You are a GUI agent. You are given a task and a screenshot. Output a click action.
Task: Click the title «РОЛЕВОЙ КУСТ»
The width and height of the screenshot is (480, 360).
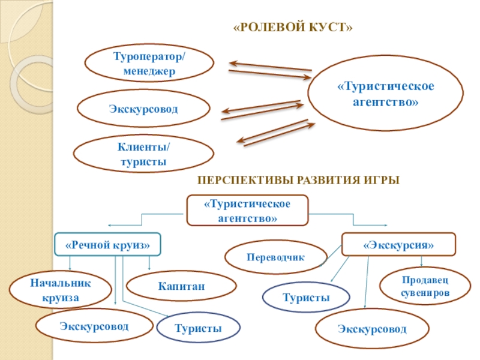[292, 29]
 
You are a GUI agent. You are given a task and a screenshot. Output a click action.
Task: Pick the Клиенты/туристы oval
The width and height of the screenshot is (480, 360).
[143, 154]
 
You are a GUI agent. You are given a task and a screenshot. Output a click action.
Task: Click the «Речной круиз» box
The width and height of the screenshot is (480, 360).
[107, 245]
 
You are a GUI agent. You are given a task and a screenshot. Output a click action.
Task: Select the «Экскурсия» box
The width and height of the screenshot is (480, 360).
[398, 245]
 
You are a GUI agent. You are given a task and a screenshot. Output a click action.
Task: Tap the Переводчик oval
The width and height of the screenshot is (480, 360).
[275, 257]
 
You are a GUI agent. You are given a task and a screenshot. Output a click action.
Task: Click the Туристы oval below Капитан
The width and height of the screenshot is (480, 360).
[198, 328]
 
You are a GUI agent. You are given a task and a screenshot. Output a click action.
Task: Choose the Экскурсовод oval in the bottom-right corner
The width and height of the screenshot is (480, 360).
[372, 329]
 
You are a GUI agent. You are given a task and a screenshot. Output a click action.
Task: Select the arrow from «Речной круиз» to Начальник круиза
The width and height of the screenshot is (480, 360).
[70, 263]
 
